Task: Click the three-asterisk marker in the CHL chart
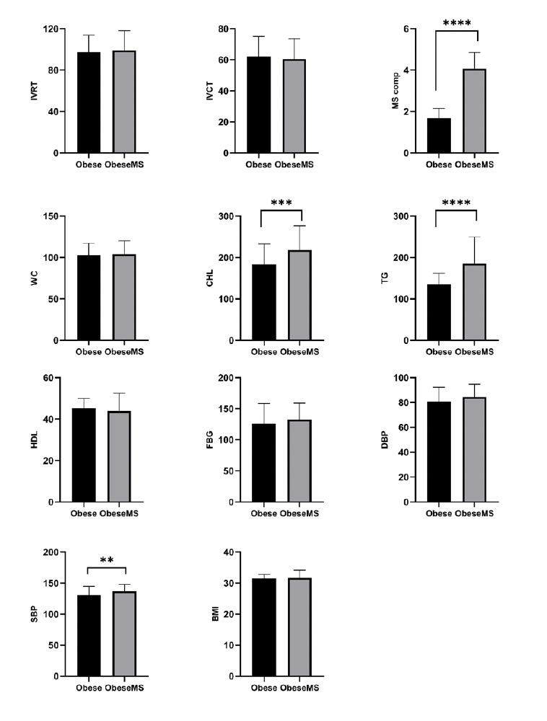click(281, 203)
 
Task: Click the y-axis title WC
click(34, 278)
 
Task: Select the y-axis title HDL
click(34, 440)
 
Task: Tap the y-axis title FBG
click(210, 440)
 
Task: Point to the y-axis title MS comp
click(395, 91)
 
